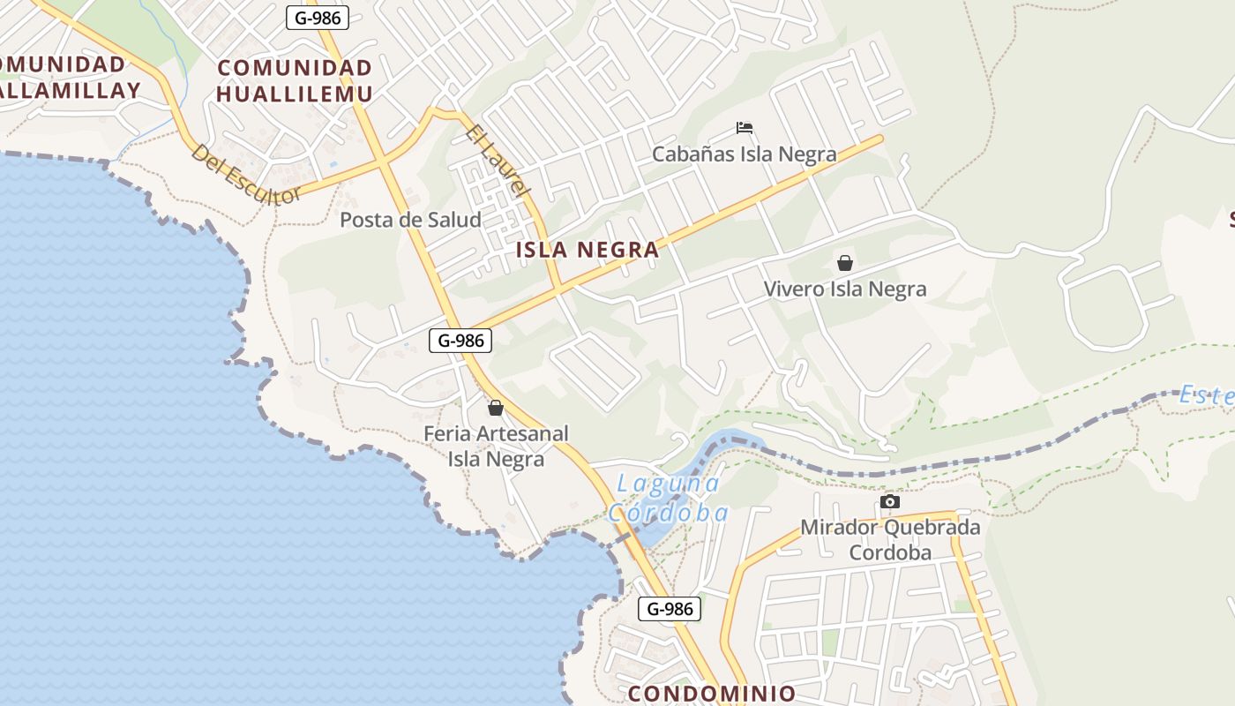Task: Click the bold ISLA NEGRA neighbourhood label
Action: (x=588, y=250)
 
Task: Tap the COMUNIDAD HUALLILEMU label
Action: (x=295, y=80)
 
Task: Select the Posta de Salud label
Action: (x=410, y=220)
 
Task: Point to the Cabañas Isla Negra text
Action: (x=744, y=154)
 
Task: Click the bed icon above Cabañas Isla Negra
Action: (x=745, y=128)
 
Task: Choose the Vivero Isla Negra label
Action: (x=844, y=289)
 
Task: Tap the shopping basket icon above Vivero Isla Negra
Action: (x=845, y=263)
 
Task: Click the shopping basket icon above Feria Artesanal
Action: (x=496, y=408)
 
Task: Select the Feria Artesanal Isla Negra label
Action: (x=496, y=447)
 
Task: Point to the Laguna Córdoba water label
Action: (x=668, y=498)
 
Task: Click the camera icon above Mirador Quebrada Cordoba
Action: (x=890, y=502)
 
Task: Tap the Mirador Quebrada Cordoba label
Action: (x=890, y=540)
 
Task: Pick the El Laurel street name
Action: (x=498, y=160)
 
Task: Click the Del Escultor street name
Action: (x=246, y=176)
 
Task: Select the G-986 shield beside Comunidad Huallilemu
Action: (x=318, y=17)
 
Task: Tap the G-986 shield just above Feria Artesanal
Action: (x=460, y=340)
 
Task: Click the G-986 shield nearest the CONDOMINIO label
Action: (x=670, y=608)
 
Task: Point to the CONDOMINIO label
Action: (x=712, y=694)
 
